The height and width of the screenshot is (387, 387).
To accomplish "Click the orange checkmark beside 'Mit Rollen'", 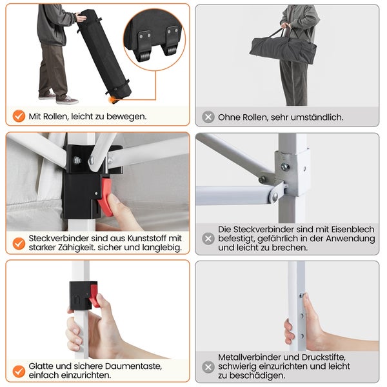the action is pos(19,116).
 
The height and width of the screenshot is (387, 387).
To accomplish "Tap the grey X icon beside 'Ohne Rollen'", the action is pos(208,117).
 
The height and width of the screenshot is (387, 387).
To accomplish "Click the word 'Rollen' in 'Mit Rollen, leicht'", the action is pos(55,116).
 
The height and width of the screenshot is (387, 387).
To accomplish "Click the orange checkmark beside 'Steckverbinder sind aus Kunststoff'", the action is pos(19,244).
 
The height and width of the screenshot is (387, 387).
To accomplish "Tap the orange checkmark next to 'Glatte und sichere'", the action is pos(19,372).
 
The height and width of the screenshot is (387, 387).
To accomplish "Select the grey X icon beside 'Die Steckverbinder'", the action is pos(208,239).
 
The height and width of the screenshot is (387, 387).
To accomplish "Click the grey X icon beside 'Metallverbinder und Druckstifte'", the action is pos(208,367).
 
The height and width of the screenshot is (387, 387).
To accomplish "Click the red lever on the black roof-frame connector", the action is pos(105,197).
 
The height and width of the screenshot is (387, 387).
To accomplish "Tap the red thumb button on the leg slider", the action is pos(94,295).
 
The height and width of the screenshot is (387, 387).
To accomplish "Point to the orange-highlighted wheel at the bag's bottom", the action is pos(112,100).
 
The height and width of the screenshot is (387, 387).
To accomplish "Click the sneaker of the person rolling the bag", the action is pos(67,100).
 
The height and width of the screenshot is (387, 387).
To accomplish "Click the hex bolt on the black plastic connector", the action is pos(77,161).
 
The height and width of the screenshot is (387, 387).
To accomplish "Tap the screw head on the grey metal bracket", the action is pos(285,167).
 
